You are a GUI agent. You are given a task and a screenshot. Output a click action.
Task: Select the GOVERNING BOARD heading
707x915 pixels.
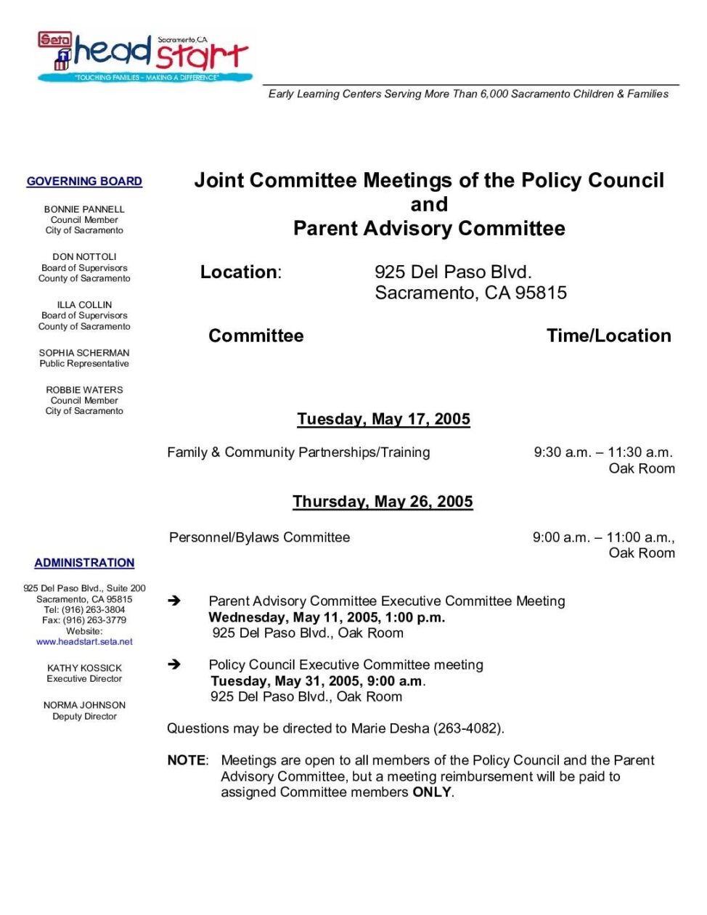(x=84, y=182)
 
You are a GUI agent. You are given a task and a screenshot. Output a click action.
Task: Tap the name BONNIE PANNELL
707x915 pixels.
(x=84, y=209)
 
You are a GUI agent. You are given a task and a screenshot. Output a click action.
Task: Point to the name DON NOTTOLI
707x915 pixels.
(x=84, y=257)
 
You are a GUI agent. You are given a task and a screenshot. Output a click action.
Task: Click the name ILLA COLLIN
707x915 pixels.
(x=84, y=305)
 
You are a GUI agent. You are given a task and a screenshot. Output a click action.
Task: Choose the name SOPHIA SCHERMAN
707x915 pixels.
(x=84, y=353)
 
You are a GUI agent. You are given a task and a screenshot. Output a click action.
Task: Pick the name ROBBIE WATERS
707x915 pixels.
(x=84, y=390)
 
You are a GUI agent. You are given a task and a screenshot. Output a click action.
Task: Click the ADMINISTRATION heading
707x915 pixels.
(x=84, y=563)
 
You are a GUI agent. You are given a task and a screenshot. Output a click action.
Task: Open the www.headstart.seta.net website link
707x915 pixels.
(x=84, y=642)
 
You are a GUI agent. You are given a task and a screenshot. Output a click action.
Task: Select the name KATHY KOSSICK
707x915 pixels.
(x=84, y=668)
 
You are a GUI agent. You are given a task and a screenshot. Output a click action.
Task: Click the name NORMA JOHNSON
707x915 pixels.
(x=84, y=705)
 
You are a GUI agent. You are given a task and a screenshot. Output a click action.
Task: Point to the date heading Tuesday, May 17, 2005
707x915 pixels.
(x=383, y=419)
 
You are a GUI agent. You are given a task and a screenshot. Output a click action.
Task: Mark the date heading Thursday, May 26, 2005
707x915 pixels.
(x=383, y=502)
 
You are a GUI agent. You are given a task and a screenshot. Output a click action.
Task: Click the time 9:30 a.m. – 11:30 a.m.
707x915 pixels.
(x=603, y=452)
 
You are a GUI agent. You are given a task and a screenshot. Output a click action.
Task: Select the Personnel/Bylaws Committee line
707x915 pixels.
(x=259, y=537)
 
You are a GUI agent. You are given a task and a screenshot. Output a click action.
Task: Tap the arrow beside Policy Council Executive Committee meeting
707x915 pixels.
(x=174, y=664)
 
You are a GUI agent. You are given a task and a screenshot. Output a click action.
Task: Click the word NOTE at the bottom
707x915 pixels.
(x=187, y=760)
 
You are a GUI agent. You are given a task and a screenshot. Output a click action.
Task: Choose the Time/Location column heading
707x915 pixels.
(x=608, y=335)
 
